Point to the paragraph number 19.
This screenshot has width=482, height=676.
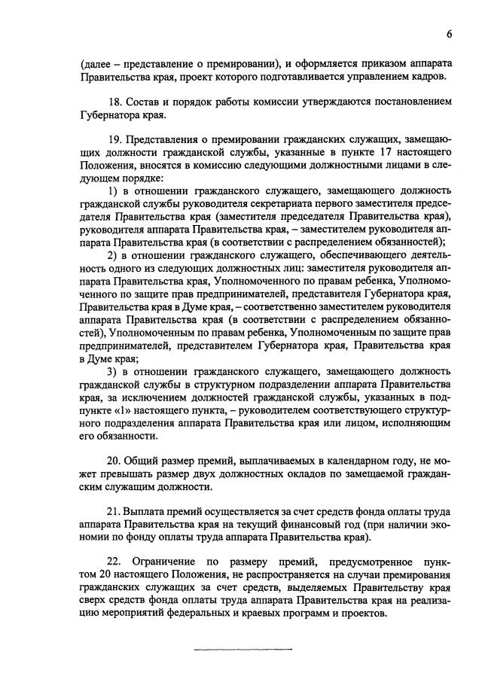[116, 140]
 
